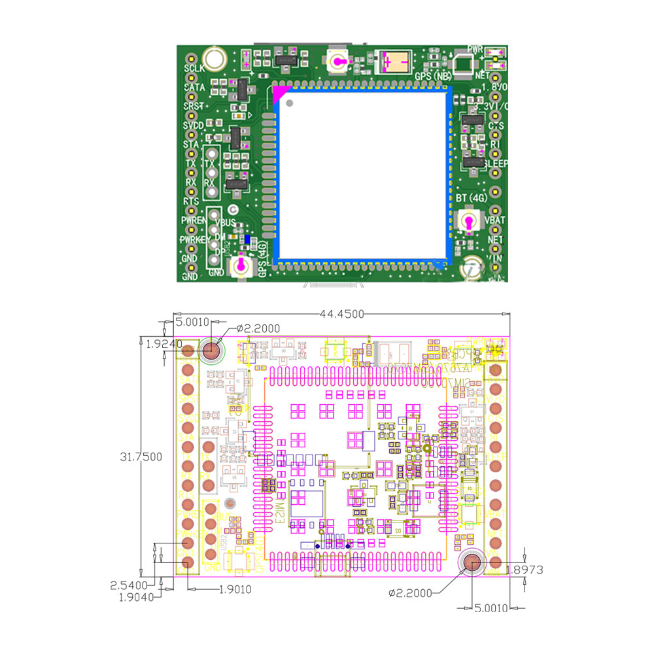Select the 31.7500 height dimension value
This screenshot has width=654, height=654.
141,457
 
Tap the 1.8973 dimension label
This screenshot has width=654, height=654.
525,570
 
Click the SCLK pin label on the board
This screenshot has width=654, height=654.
194,68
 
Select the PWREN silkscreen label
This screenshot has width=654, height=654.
194,221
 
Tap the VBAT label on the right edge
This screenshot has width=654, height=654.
495,220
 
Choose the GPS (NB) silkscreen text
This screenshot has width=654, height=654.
433,77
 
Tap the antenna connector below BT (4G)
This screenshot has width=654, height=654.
469,222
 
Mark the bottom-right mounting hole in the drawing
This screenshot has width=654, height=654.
472,562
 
